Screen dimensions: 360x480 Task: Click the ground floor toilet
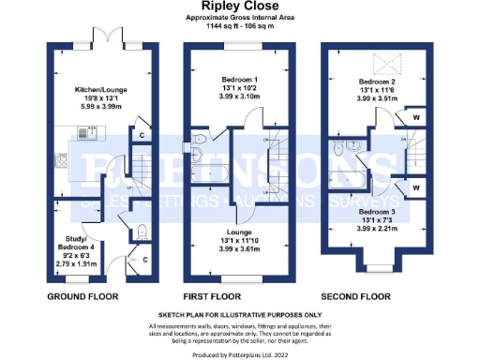coord(141,232)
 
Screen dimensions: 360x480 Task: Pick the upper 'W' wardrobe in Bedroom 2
coord(413,118)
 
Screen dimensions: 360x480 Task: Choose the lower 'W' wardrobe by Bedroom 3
coord(413,186)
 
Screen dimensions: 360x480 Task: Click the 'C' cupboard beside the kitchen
coord(141,134)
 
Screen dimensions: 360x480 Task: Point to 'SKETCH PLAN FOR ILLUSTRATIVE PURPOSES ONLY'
coord(240,316)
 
